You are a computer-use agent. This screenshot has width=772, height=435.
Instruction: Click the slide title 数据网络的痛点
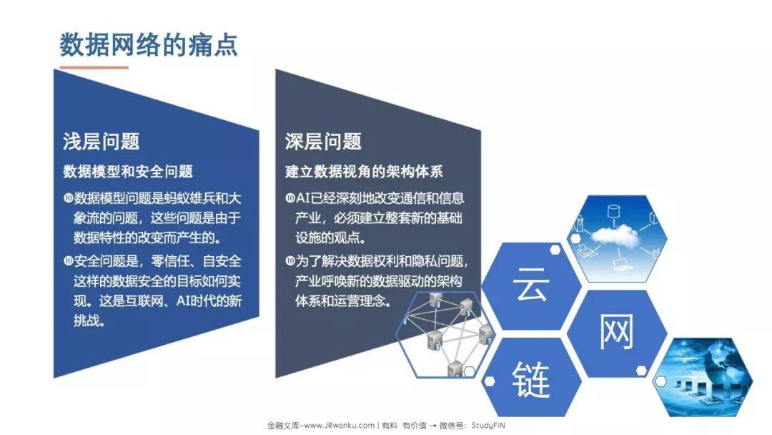click(149, 45)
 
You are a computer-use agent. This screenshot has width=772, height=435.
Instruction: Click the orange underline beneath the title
click(94, 67)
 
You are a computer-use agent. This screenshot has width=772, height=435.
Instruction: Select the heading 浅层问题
click(102, 142)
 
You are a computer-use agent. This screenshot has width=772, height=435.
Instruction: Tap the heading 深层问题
click(323, 142)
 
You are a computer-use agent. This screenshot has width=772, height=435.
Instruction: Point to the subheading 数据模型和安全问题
click(128, 172)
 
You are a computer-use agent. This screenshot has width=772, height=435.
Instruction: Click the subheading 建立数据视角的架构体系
click(364, 172)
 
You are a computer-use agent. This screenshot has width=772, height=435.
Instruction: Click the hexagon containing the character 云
click(531, 285)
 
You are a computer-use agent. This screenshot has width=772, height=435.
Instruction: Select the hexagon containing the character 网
click(617, 333)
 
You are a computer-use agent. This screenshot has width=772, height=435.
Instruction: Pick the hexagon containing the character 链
click(531, 379)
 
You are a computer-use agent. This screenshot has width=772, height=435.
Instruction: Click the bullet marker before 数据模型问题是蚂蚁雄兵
click(68, 198)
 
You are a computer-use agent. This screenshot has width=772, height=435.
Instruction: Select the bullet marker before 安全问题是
click(68, 260)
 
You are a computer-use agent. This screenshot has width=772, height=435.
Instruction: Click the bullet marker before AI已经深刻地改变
click(290, 198)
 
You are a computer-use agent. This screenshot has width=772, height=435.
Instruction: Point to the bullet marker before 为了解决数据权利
click(290, 260)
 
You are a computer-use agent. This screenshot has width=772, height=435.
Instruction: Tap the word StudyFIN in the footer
click(488, 425)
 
